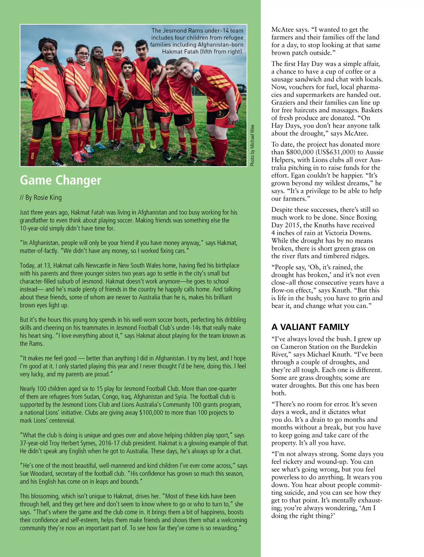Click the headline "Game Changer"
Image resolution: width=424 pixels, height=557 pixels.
[x=60, y=180]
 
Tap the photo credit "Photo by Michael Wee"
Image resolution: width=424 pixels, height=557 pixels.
[x=252, y=145]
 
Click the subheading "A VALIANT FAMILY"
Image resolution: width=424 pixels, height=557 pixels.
[x=310, y=327]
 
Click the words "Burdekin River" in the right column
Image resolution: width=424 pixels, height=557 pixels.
[x=353, y=350]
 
